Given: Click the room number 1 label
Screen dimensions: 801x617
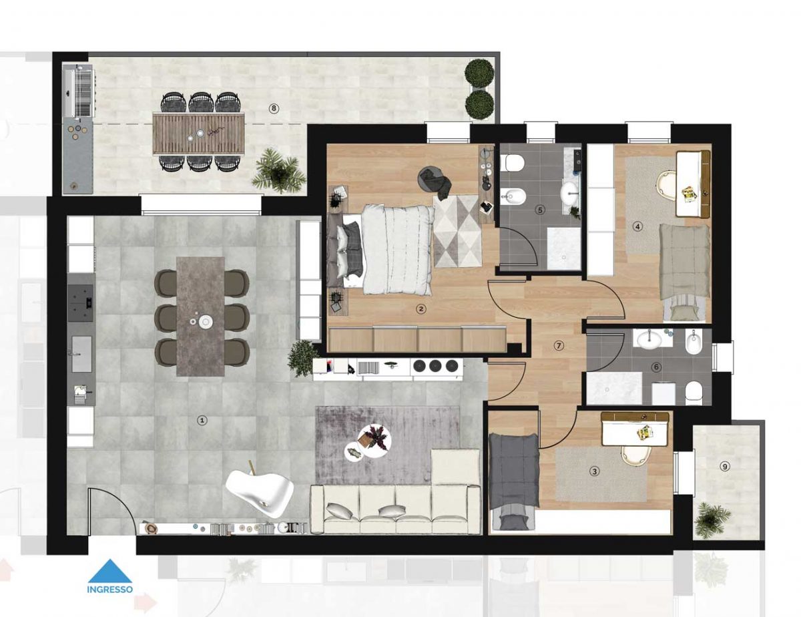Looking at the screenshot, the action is (x=202, y=420).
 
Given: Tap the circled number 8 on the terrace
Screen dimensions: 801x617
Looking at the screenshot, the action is (x=273, y=108).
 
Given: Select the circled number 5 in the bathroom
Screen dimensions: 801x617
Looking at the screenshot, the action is (x=541, y=210).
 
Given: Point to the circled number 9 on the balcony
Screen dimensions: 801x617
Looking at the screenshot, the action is (x=725, y=467).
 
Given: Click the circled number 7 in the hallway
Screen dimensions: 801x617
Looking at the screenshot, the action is (x=559, y=346).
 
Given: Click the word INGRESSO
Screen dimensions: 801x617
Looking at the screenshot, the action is (x=110, y=600).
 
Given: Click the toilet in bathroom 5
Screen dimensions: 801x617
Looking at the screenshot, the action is (x=515, y=162).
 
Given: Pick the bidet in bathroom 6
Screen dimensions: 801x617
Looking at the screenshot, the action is (x=694, y=342).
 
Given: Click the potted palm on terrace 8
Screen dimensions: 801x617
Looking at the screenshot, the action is (x=278, y=171).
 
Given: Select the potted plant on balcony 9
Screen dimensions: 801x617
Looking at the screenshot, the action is (x=712, y=520).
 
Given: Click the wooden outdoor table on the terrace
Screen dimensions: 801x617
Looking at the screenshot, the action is (x=199, y=133).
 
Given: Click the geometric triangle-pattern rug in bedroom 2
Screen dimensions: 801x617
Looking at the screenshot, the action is (x=458, y=231).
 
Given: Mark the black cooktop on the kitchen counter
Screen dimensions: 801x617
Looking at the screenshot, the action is (x=81, y=302).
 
